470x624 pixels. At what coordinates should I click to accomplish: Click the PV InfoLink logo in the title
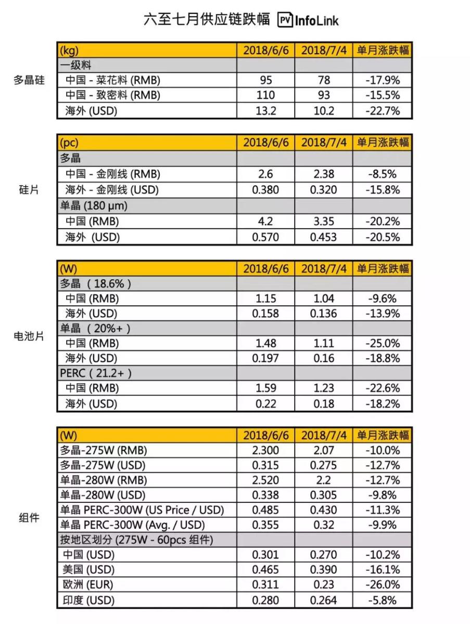[308, 20]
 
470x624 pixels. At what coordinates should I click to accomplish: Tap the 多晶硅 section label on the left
[29, 81]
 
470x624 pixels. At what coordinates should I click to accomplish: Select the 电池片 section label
[29, 336]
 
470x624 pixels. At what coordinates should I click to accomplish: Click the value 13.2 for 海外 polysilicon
[265, 111]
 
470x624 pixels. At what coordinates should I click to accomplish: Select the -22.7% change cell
[383, 111]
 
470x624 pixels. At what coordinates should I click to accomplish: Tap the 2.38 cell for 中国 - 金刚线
[323, 174]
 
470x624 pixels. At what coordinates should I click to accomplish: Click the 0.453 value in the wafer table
[323, 237]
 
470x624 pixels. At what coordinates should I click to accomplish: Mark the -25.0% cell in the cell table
[383, 343]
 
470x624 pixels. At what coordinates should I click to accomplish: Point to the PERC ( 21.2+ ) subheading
[96, 373]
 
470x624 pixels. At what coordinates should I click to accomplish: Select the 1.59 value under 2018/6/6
[265, 388]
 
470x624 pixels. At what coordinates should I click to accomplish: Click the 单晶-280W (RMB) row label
[104, 480]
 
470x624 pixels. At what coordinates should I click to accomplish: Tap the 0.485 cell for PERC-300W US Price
[265, 510]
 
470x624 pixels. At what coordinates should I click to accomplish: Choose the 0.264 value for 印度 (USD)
[323, 601]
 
